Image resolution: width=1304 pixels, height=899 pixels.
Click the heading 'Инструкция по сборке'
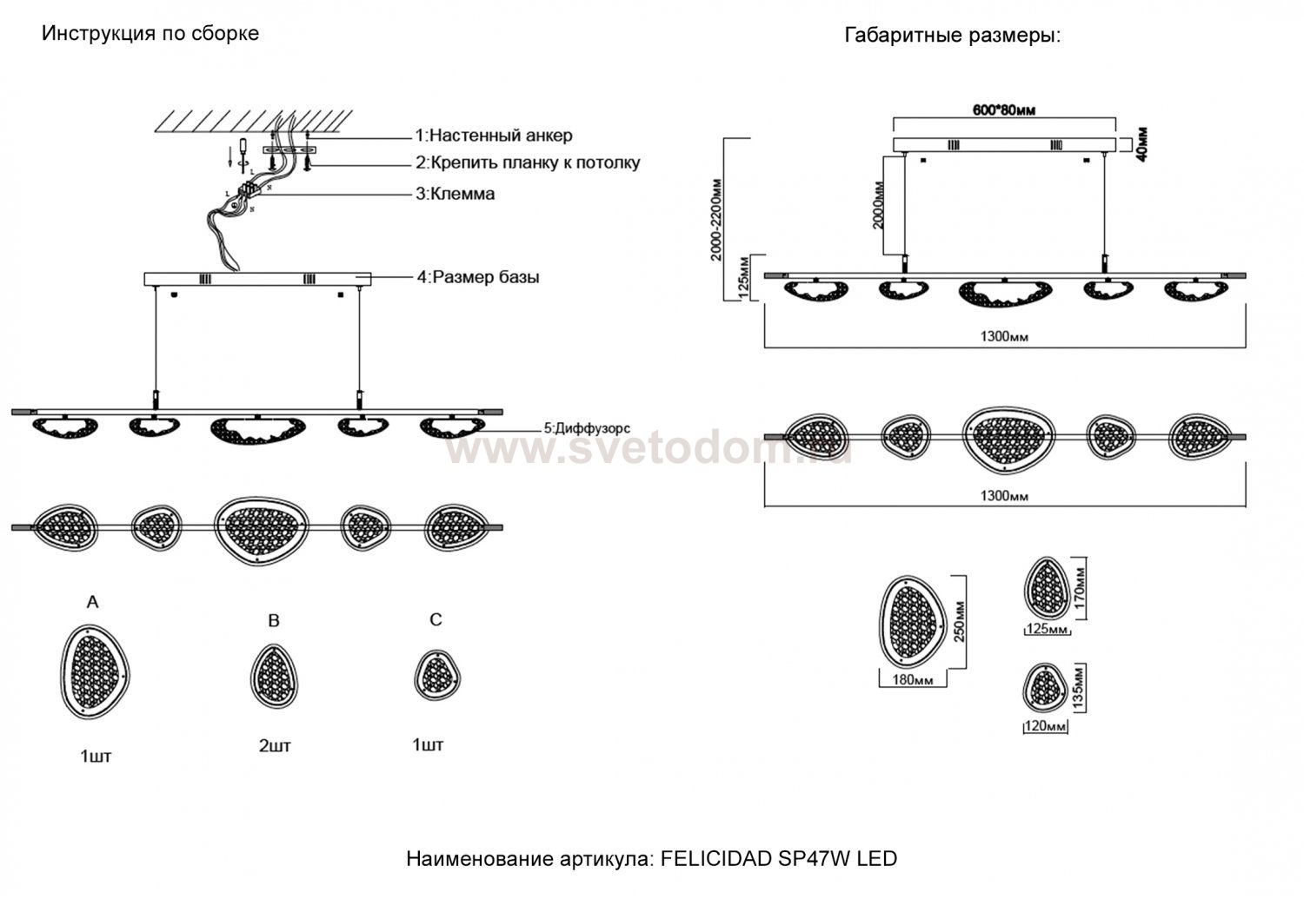150,34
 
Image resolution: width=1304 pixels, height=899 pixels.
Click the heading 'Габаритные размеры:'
953,36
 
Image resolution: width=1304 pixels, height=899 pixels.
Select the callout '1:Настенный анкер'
493,136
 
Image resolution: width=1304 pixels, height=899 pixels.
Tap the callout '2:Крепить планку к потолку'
527,162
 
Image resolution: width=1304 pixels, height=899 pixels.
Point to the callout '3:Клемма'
455,193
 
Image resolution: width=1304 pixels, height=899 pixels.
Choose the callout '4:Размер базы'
477,277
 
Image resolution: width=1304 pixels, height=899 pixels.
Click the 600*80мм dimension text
1003,109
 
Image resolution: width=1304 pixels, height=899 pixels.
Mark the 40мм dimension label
1141,144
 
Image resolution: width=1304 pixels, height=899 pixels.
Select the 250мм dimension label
960,622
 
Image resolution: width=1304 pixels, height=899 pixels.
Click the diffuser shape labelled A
94,672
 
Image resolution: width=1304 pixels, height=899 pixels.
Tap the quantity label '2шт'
275,746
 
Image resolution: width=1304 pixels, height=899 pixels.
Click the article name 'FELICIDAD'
712,859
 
